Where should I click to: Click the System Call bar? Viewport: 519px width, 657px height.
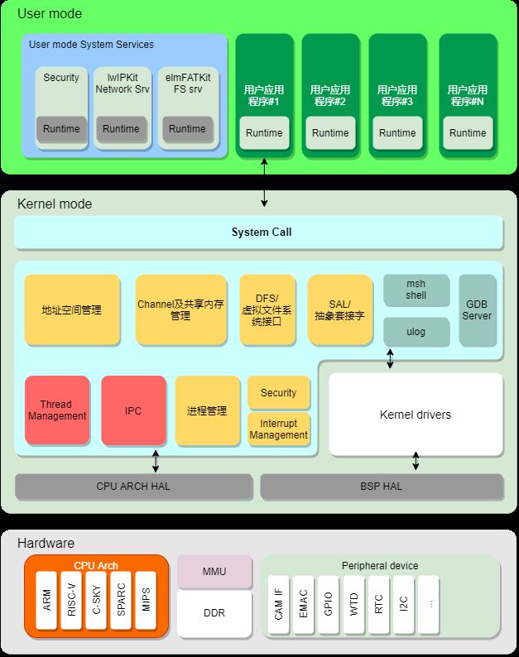pyautogui.click(x=258, y=233)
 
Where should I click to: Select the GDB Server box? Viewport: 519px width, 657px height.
pyautogui.click(x=478, y=310)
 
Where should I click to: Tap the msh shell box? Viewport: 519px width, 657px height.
pyautogui.click(x=416, y=290)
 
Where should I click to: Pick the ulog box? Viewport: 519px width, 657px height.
pyautogui.click(x=416, y=332)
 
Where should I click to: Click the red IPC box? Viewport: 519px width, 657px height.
pyautogui.click(x=133, y=410)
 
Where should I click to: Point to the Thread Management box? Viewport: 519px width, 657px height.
pyautogui.click(x=57, y=410)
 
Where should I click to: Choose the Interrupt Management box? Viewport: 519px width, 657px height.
pyautogui.click(x=279, y=429)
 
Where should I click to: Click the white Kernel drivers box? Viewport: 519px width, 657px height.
pyautogui.click(x=416, y=414)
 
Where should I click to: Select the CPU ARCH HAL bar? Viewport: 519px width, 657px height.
pyautogui.click(x=134, y=487)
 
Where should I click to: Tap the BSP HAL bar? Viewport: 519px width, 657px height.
pyautogui.click(x=382, y=487)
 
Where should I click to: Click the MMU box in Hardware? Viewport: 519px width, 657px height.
pyautogui.click(x=214, y=572)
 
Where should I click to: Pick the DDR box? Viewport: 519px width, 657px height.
pyautogui.click(x=214, y=613)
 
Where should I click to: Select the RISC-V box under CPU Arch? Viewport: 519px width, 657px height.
pyautogui.click(x=71, y=600)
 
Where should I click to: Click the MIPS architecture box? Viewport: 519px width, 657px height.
pyautogui.click(x=146, y=600)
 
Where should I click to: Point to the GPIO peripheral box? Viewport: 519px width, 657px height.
pyautogui.click(x=329, y=604)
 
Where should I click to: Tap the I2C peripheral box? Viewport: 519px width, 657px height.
pyautogui.click(x=403, y=604)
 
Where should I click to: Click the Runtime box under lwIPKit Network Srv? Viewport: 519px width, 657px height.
pyautogui.click(x=121, y=128)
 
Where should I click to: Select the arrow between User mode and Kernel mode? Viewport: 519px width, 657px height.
pyautogui.click(x=264, y=182)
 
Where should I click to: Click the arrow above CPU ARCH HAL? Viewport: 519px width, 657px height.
pyautogui.click(x=156, y=461)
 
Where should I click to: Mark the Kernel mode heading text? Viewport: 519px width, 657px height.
pyautogui.click(x=55, y=204)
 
